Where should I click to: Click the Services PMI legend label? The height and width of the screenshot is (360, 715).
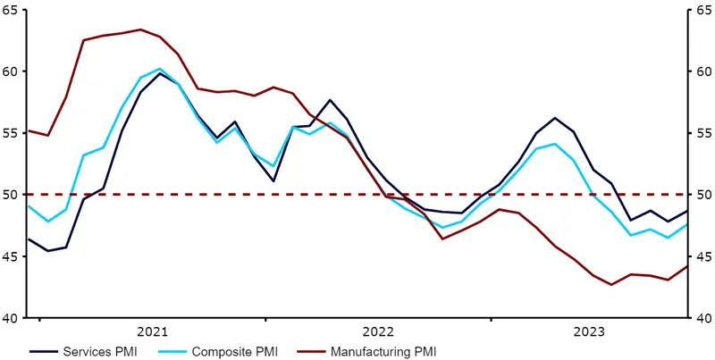(x=100, y=351)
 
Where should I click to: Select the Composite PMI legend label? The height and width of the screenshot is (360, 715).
(x=234, y=351)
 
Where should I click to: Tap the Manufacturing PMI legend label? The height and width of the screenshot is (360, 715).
(x=384, y=351)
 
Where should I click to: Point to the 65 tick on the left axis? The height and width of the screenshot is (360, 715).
(x=10, y=10)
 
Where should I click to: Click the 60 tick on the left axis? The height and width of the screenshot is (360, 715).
(x=10, y=71)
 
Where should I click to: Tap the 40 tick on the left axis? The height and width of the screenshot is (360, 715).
(x=10, y=318)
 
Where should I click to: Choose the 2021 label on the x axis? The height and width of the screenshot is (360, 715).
(x=152, y=331)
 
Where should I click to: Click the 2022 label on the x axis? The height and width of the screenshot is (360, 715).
(x=378, y=331)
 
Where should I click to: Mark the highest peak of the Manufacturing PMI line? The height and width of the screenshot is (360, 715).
(x=140, y=29)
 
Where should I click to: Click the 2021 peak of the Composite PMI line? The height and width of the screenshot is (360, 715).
(x=160, y=69)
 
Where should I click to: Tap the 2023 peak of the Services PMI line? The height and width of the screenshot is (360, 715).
(x=554, y=118)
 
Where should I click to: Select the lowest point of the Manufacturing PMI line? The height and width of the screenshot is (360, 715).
(x=611, y=285)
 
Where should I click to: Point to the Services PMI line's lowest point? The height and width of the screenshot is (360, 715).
(x=47, y=251)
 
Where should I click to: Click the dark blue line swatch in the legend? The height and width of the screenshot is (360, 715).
(x=44, y=352)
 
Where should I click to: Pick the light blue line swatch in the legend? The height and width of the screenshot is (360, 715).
(x=172, y=352)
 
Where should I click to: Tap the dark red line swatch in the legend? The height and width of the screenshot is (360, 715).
(x=312, y=352)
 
